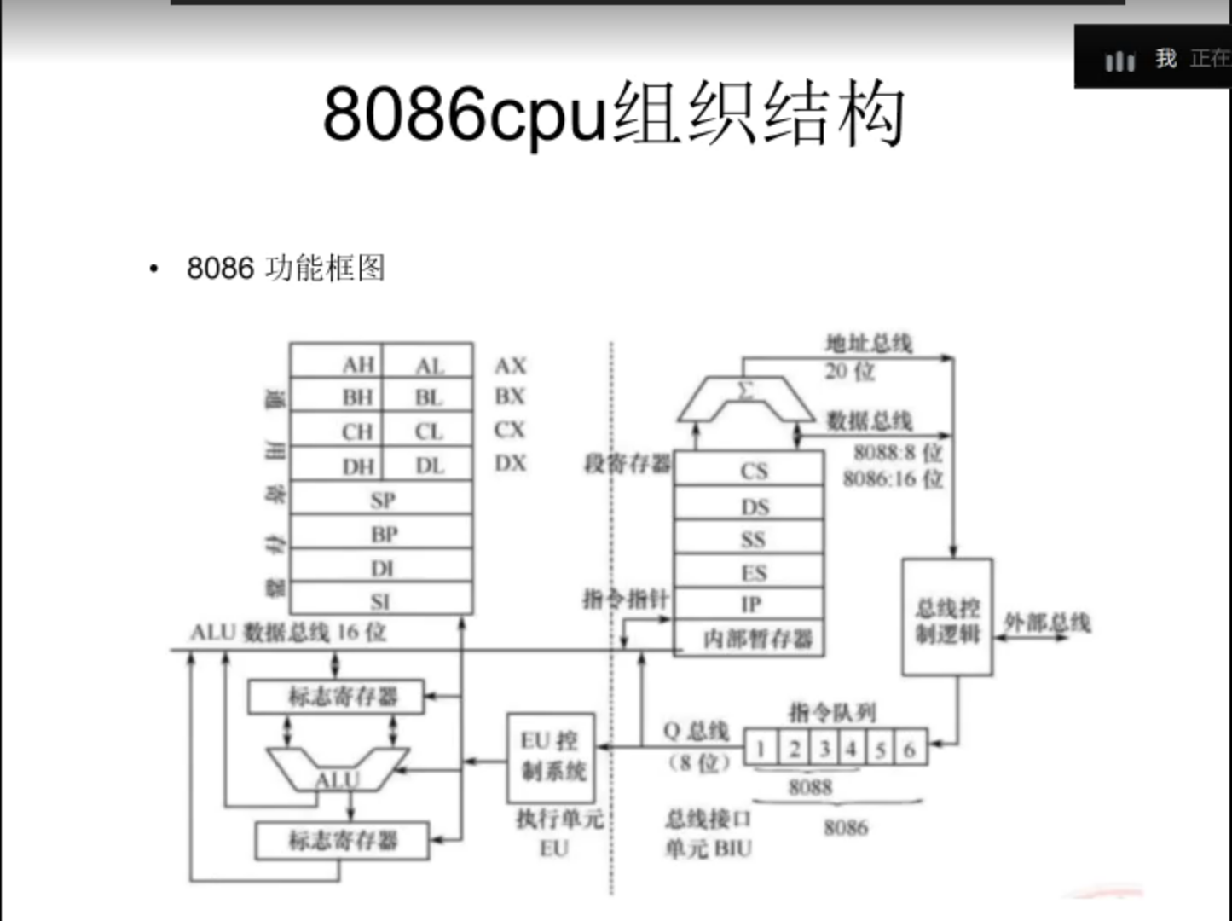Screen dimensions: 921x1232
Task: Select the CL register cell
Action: pos(429,432)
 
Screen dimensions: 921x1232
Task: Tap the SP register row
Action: pos(382,500)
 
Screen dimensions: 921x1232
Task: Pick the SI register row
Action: pos(381,601)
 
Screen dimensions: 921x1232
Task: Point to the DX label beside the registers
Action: pos(510,463)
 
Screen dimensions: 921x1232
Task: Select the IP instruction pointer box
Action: pos(751,605)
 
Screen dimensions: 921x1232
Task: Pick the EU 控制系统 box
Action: pos(551,756)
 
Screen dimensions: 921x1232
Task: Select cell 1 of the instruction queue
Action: pos(760,750)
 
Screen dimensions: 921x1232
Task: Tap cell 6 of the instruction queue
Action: pos(911,750)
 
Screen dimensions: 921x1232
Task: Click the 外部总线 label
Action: pos(1048,623)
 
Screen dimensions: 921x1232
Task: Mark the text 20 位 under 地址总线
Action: pos(849,371)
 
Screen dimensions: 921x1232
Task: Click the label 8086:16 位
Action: pos(893,478)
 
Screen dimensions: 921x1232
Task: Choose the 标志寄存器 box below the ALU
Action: pos(342,841)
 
